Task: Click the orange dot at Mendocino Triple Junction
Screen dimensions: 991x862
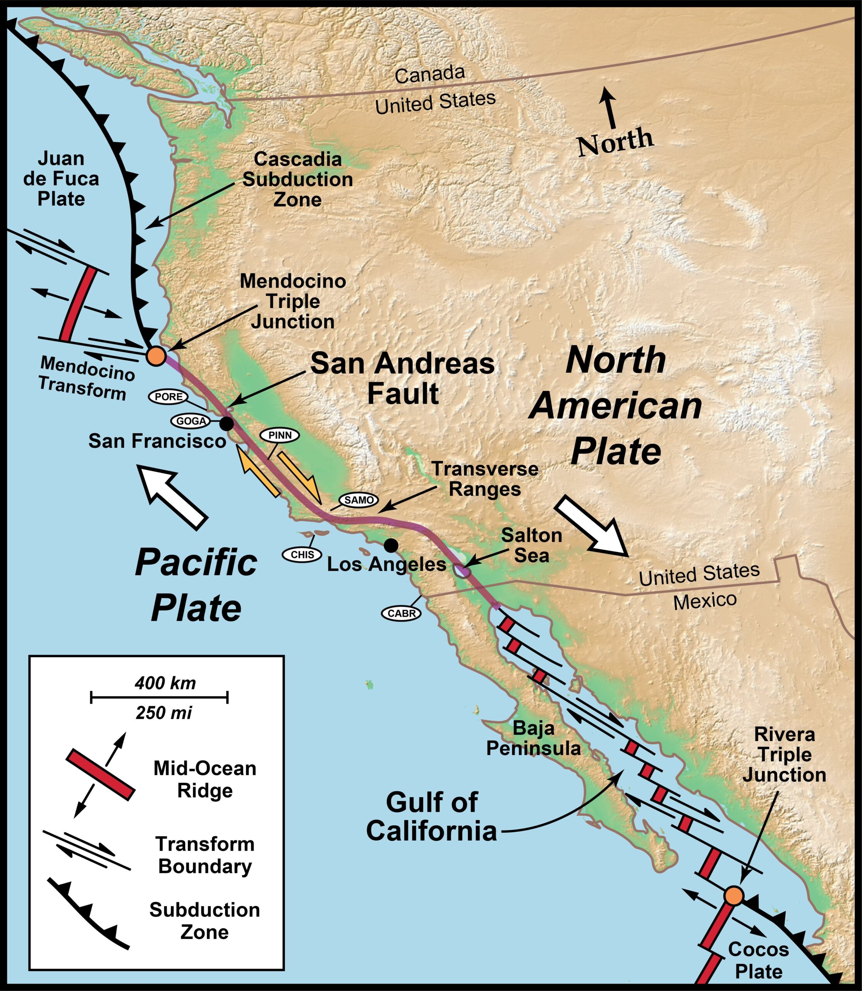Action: click(156, 356)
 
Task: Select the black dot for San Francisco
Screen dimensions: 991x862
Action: click(227, 423)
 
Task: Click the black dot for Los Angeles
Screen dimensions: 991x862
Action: click(391, 545)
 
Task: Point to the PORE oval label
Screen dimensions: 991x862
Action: click(168, 397)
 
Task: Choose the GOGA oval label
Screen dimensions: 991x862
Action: click(191, 421)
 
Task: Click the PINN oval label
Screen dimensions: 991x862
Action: click(280, 435)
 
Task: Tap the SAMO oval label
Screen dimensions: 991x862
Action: click(359, 500)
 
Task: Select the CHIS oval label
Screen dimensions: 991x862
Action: click(302, 554)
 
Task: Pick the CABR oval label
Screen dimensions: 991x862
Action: click(401, 614)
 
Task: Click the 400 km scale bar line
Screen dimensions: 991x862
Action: click(159, 696)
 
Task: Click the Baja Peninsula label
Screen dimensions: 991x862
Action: click(534, 738)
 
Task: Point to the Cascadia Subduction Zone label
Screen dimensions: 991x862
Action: click(298, 179)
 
